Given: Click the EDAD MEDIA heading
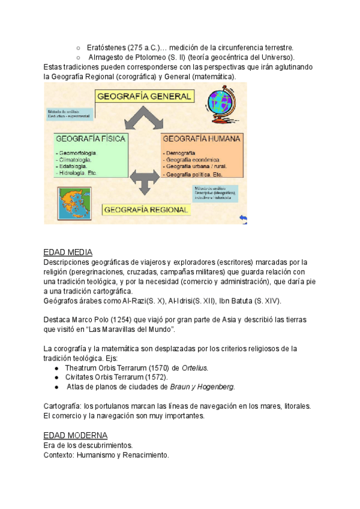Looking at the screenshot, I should tap(68, 252).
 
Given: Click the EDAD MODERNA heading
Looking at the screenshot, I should tap(76, 435).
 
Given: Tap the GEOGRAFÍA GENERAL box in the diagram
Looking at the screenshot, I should tap(144, 96).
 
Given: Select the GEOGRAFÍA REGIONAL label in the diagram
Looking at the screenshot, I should tap(146, 209).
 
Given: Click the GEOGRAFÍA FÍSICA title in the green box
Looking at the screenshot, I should tap(91, 139).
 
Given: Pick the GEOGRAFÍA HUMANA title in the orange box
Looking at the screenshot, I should tap(202, 139).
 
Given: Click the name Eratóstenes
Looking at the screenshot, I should tap(105, 47).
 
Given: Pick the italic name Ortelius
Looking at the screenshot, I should tap(195, 367).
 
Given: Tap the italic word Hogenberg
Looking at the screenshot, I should tap(213, 387).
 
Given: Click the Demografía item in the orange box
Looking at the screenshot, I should tap(182, 154).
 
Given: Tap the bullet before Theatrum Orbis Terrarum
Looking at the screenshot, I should tap(56, 367).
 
